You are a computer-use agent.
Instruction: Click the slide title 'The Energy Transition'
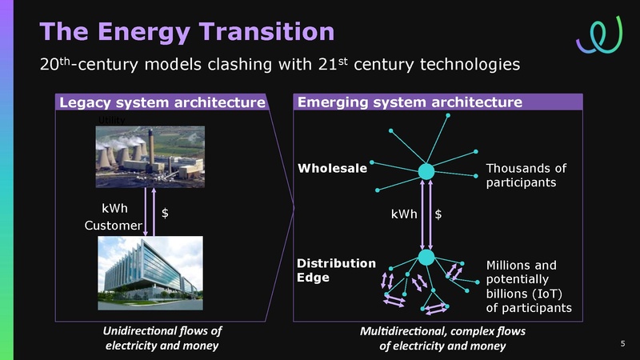[x=186, y=32]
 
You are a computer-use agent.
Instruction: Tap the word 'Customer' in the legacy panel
[x=113, y=226]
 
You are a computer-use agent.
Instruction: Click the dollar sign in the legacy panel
[x=165, y=214]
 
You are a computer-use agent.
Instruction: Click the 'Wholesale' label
[x=332, y=169]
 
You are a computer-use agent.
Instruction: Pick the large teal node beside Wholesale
[x=426, y=171]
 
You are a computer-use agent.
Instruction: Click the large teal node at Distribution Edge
[x=426, y=257]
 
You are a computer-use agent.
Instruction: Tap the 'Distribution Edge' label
[x=336, y=270]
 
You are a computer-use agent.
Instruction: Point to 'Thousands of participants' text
[x=526, y=176]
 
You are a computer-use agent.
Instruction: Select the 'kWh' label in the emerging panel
[x=404, y=214]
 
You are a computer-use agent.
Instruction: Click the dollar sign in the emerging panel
[x=439, y=214]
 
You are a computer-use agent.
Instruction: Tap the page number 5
[x=622, y=344]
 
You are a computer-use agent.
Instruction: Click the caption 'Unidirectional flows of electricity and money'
[x=162, y=338]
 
